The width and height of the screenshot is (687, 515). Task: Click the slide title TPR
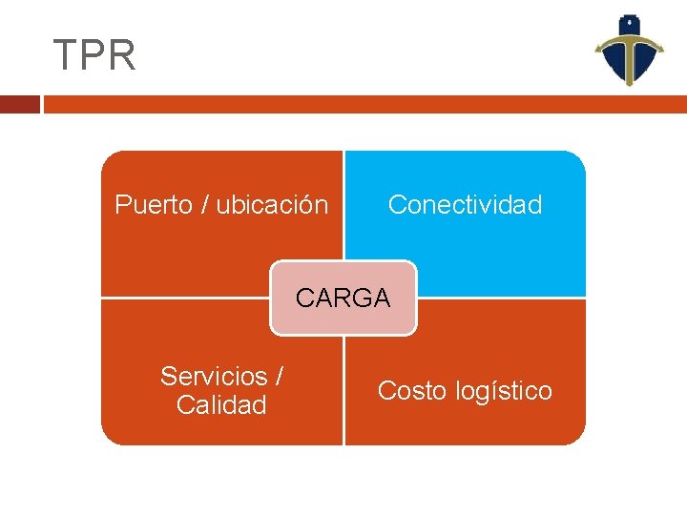(x=94, y=55)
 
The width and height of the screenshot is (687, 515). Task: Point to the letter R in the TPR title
(x=123, y=55)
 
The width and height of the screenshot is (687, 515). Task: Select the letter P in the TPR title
(x=94, y=55)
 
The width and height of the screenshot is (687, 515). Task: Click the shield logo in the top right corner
(x=630, y=51)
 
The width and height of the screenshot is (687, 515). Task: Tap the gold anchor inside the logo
(x=630, y=48)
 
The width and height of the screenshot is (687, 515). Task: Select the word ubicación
(x=272, y=205)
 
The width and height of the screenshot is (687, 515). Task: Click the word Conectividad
(x=465, y=205)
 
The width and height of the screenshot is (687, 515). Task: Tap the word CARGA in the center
(x=343, y=299)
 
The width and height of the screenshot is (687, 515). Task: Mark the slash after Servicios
(x=279, y=377)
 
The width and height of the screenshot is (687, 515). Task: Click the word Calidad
(x=221, y=405)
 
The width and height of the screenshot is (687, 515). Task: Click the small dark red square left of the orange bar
(x=19, y=104)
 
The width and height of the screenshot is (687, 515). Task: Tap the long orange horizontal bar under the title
(x=363, y=104)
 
